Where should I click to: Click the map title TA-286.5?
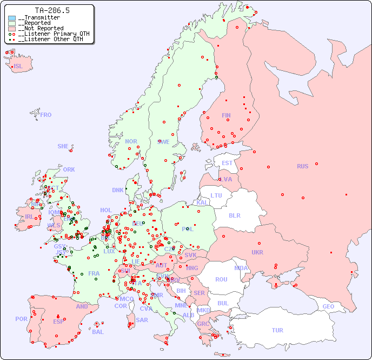point(52,10)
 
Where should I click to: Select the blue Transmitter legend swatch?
point(12,18)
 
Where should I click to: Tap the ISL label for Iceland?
point(18,67)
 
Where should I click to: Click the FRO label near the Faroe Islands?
point(46,115)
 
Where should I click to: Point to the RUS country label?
point(302,166)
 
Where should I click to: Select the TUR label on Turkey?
point(277,330)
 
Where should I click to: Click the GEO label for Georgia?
point(328,306)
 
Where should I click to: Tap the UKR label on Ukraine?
point(257,252)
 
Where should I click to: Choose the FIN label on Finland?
point(226,115)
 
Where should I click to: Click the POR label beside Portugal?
point(21,319)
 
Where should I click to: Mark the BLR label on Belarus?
point(234,215)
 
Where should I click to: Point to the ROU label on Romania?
point(221,279)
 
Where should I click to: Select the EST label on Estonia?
point(227,163)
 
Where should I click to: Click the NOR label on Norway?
point(131,141)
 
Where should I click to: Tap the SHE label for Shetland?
point(63,146)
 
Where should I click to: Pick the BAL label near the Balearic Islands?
point(97,332)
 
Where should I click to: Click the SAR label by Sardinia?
point(142,320)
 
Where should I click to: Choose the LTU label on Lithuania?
point(216,195)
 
